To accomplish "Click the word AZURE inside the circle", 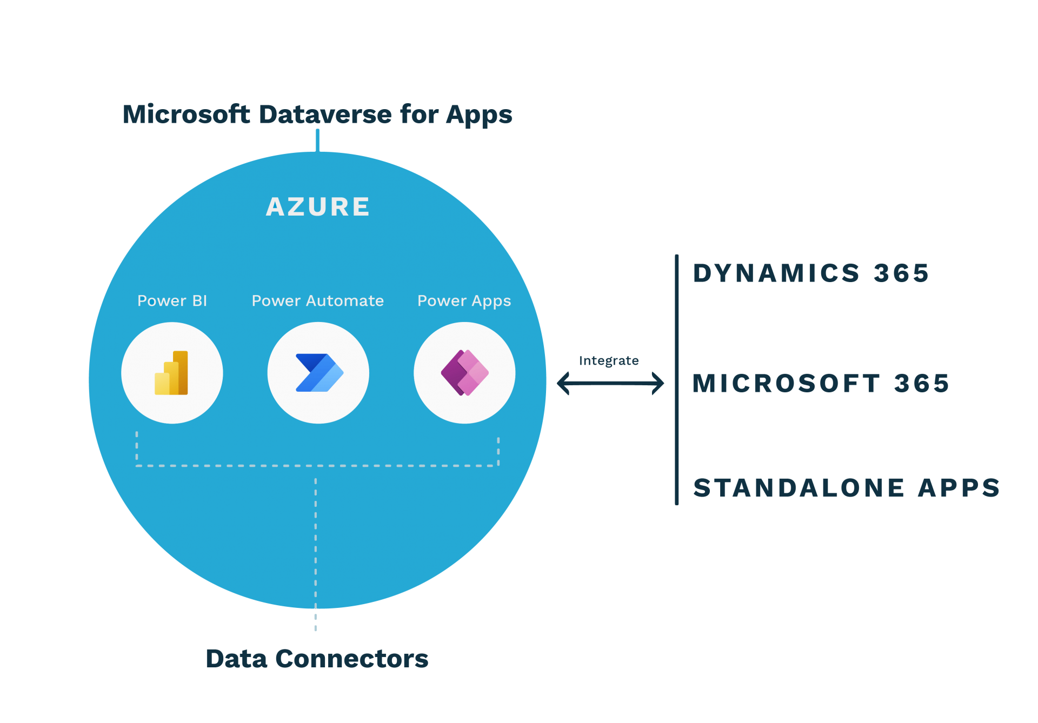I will click(318, 207).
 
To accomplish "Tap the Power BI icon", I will click(171, 373).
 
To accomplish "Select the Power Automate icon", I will click(319, 373).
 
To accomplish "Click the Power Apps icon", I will click(464, 373).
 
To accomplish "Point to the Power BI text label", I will click(172, 301).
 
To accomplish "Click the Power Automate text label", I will click(318, 301).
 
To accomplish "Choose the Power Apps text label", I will click(464, 301).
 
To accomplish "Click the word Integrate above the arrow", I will click(609, 361).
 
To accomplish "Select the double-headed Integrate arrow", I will click(610, 383).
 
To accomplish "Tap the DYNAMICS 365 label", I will click(811, 273).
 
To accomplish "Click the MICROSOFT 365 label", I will click(821, 384).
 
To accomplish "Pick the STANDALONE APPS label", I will click(847, 488).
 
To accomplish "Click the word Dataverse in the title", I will click(325, 115).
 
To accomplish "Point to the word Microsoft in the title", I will click(187, 115).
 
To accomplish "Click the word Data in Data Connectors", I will click(236, 659).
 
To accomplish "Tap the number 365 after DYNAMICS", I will click(901, 273).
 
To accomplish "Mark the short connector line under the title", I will click(317, 140).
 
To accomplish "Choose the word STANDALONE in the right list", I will click(799, 488).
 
